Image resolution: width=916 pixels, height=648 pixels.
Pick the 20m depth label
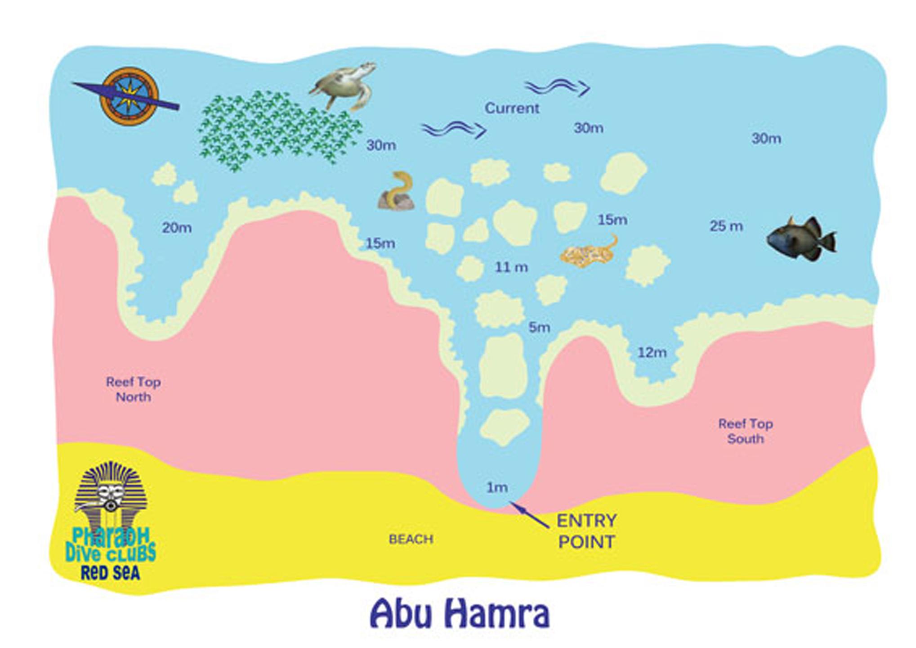[177, 228]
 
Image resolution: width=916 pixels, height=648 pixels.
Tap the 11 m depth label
[511, 267]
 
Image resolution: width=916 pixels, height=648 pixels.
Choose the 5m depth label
[539, 327]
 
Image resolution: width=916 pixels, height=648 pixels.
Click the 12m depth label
[652, 352]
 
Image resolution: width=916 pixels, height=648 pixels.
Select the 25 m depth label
[726, 226]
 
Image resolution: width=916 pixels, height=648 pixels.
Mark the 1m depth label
[497, 487]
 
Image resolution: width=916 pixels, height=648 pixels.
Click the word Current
[512, 108]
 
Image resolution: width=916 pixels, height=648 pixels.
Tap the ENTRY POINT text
[586, 531]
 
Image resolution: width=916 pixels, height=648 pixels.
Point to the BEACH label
[411, 539]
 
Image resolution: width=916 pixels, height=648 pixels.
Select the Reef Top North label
[133, 389]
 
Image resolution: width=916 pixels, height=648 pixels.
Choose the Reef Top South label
[745, 431]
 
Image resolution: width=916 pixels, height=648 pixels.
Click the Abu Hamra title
[460, 614]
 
